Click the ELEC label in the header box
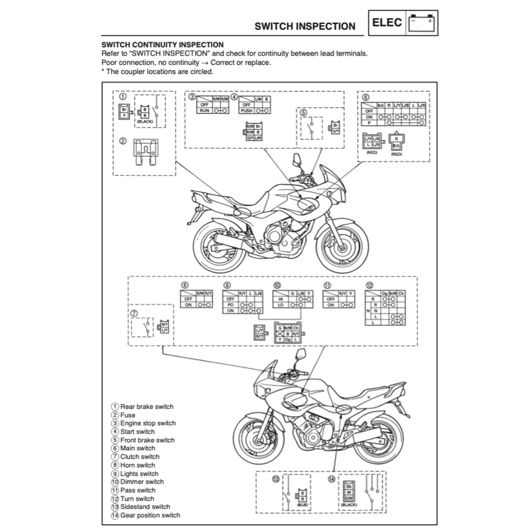click(387, 23)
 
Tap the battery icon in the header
click(421, 23)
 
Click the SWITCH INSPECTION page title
click(305, 26)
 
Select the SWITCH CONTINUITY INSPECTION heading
click(162, 44)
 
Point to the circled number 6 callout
click(366, 97)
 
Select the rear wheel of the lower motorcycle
click(377, 441)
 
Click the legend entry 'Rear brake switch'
click(147, 406)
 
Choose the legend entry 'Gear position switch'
click(150, 515)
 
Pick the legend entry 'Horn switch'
click(138, 465)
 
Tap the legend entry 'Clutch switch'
click(140, 457)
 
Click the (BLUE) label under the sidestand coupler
click(303, 504)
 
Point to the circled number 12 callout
click(370, 285)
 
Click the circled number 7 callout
click(134, 313)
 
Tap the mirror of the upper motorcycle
click(297, 159)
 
